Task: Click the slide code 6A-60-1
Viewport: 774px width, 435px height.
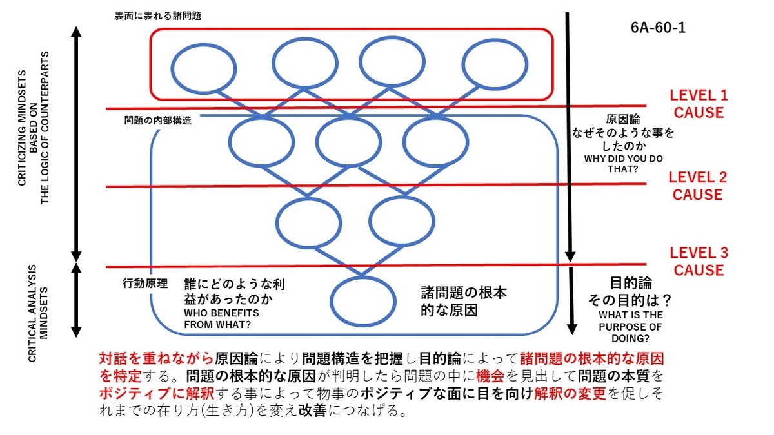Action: (658, 28)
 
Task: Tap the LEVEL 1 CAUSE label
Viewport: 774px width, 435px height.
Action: (699, 104)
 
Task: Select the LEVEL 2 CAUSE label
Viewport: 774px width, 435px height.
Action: (698, 186)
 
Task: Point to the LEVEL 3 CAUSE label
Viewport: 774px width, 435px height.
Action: (699, 262)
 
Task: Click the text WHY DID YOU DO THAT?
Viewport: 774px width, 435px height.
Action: (623, 164)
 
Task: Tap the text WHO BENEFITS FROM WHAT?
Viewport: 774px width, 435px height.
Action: (221, 319)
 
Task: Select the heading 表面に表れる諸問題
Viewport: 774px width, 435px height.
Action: (158, 16)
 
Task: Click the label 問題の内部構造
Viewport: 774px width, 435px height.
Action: (157, 120)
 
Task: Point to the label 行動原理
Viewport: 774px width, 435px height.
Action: (145, 284)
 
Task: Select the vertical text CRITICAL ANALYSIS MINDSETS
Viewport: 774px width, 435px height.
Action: (37, 313)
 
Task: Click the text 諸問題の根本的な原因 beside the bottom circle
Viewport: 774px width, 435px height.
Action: (464, 302)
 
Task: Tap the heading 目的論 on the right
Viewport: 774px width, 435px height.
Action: (631, 284)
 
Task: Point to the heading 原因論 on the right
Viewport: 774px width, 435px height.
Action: (623, 119)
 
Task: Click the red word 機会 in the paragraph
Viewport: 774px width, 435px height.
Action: (490, 376)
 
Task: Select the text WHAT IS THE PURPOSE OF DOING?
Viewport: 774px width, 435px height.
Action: (631, 327)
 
